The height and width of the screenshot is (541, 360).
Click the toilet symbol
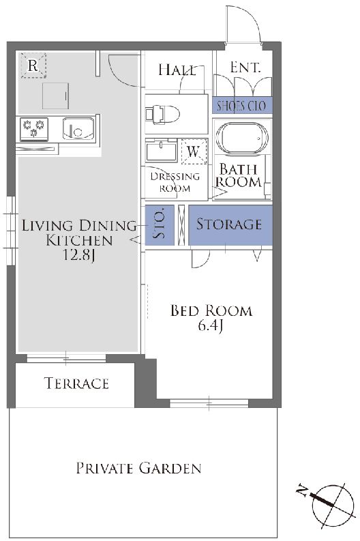[x=162, y=113]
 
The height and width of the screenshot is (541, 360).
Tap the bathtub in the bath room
[x=242, y=138]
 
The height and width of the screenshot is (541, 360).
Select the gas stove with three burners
[x=34, y=129]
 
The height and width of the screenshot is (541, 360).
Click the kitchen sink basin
[x=78, y=128]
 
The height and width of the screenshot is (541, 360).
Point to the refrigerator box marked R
[x=33, y=65]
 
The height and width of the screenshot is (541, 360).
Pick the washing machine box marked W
[x=194, y=151]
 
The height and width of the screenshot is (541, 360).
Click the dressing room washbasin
[x=161, y=151]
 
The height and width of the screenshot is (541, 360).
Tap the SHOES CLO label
[x=241, y=106]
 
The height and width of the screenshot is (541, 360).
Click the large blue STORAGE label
[x=228, y=224]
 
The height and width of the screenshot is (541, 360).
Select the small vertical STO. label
[x=160, y=224]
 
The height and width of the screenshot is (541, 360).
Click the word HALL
[x=177, y=70]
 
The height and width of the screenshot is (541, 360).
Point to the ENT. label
[x=245, y=68]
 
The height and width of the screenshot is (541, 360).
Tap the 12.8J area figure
[x=79, y=255]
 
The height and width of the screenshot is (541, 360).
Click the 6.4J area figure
[x=211, y=325]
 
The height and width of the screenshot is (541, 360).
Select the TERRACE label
[x=76, y=383]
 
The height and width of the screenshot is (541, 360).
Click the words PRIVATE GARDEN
[x=138, y=468]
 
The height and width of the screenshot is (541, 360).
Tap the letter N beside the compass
[x=303, y=491]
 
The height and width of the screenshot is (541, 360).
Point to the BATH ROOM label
[x=238, y=175]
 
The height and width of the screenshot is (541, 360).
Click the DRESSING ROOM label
[x=175, y=182]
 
